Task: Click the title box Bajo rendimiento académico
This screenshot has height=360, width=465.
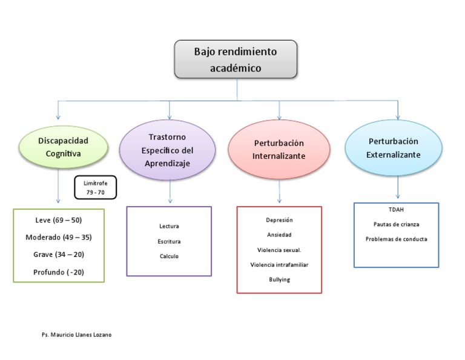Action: coord(236,59)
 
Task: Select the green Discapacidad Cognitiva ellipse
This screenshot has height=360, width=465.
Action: coord(64,147)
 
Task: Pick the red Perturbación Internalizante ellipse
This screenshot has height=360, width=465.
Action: coord(279,150)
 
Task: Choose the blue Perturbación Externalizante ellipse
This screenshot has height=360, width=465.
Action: coord(393,148)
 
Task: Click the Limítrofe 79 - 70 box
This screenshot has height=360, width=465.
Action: coord(95,187)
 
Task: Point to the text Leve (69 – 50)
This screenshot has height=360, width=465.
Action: coord(59,220)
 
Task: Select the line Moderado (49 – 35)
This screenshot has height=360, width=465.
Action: coord(59,237)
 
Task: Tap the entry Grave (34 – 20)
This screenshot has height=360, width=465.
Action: coord(59,255)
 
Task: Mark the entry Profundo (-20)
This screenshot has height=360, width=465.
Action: coord(59,272)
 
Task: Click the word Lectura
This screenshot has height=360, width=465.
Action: coord(169,226)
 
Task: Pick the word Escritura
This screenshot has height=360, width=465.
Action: coord(169,241)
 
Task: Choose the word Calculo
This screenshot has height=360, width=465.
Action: coord(169,256)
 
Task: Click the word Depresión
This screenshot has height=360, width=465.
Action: coord(279,220)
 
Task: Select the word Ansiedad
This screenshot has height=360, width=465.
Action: coord(279,235)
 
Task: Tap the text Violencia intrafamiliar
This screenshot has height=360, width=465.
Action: coord(279,264)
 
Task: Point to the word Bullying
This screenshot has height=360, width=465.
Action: coord(279,279)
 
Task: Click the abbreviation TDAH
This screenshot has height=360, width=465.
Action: coord(396,209)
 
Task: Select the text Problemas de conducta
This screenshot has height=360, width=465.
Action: coord(396,239)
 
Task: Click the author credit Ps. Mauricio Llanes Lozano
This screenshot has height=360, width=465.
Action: coord(76,335)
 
